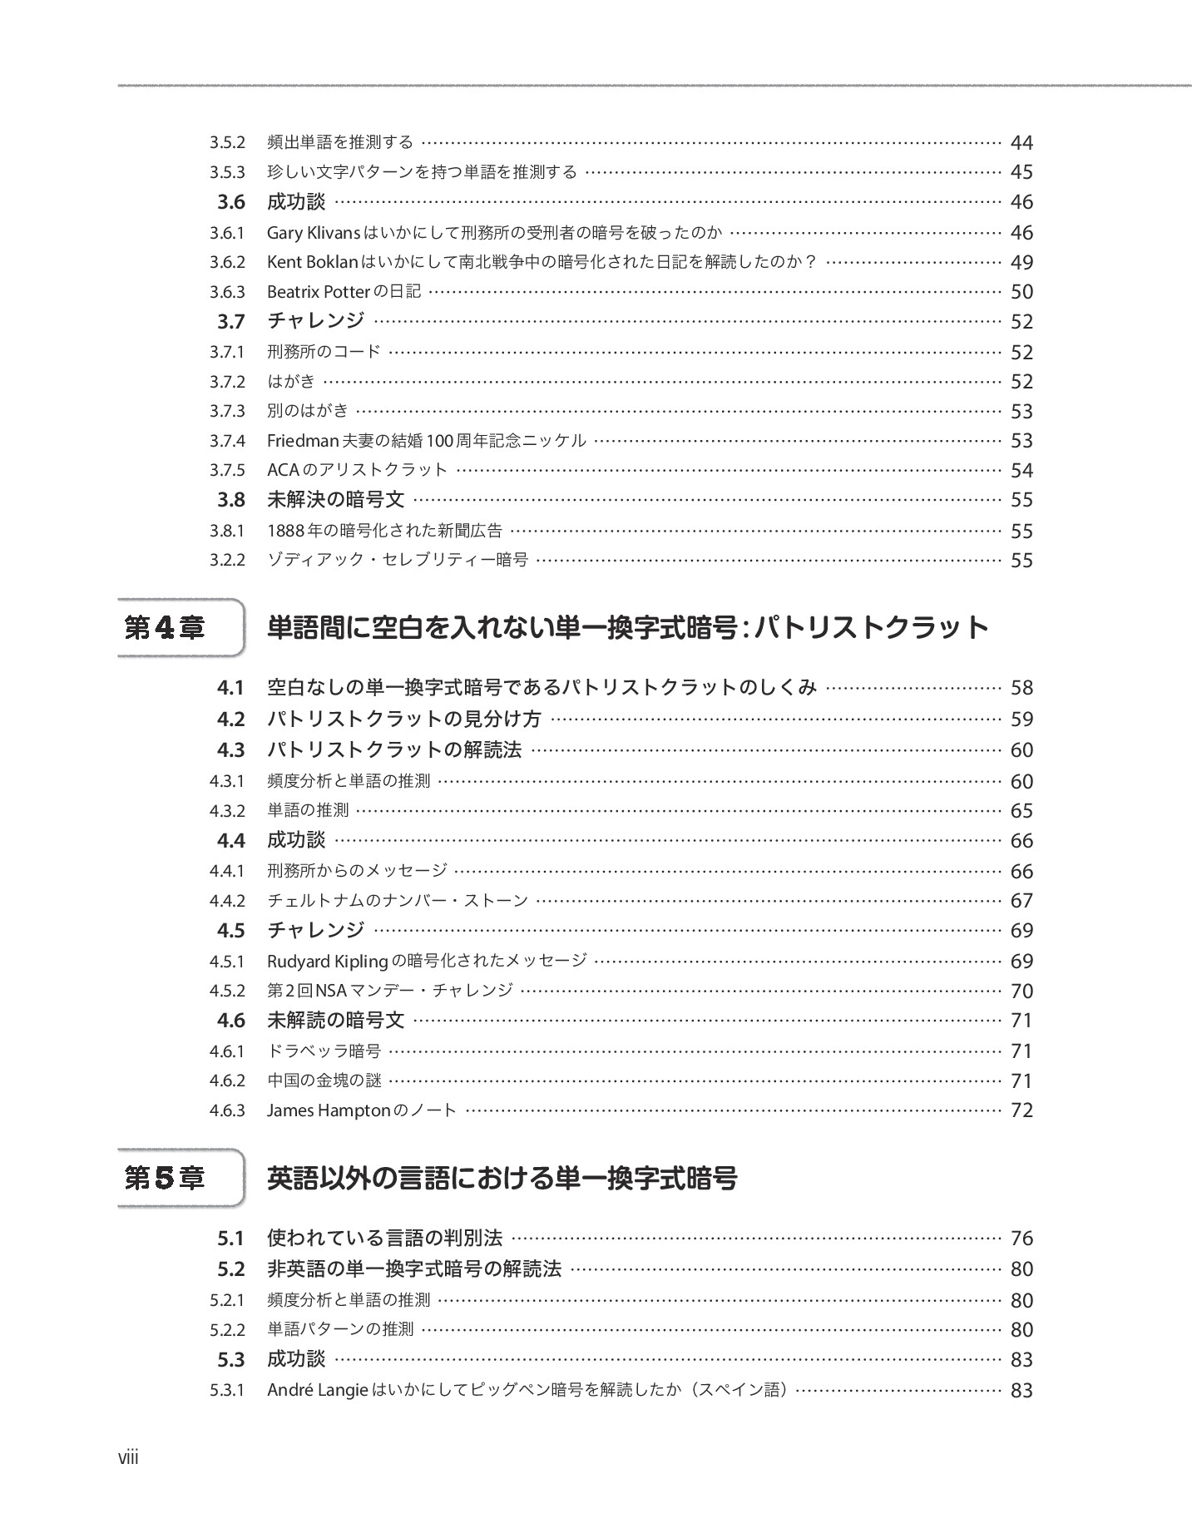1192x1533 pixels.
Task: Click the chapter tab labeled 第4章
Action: pyautogui.click(x=165, y=628)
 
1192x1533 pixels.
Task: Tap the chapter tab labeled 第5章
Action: pyautogui.click(x=165, y=1179)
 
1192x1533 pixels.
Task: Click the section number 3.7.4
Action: pyautogui.click(x=227, y=441)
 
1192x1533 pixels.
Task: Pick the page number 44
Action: pyautogui.click(x=1021, y=143)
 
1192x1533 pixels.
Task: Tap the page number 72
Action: pyautogui.click(x=1021, y=1110)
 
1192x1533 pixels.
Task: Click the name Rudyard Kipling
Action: pyautogui.click(x=328, y=962)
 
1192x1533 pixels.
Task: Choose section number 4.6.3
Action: pyautogui.click(x=227, y=1110)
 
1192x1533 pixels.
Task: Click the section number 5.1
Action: pyautogui.click(x=230, y=1239)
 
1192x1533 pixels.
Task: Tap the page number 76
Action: pyautogui.click(x=1021, y=1239)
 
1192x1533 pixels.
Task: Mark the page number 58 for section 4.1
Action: pyautogui.click(x=1021, y=688)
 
